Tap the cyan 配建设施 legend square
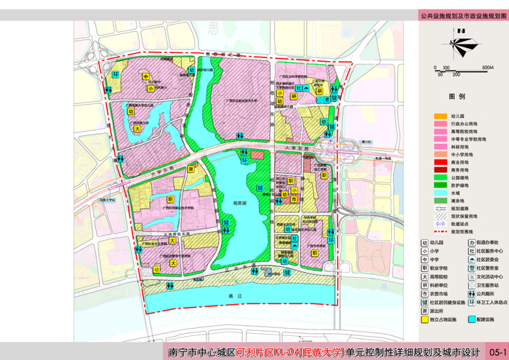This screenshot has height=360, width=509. click(x=471, y=319)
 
